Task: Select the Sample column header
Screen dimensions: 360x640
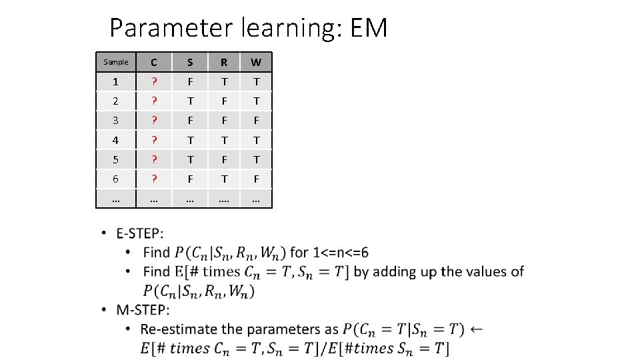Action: click(116, 62)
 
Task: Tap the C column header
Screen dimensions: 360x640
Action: click(154, 63)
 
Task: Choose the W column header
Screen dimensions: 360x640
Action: click(256, 63)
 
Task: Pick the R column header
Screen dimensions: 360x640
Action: click(224, 63)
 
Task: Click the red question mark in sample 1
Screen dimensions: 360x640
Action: click(154, 82)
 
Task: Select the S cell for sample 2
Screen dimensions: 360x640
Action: click(190, 101)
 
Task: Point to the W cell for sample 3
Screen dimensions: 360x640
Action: click(256, 121)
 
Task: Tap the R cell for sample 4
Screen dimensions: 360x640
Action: click(224, 140)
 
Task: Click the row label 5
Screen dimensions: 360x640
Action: click(116, 159)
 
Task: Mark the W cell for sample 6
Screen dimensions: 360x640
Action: click(256, 179)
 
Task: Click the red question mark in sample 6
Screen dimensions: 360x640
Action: click(154, 179)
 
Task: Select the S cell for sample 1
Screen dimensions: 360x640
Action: click(190, 82)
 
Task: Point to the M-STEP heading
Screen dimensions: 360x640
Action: click(143, 310)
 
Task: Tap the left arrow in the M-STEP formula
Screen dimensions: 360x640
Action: click(476, 329)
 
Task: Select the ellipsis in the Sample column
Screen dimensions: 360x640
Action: click(116, 198)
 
